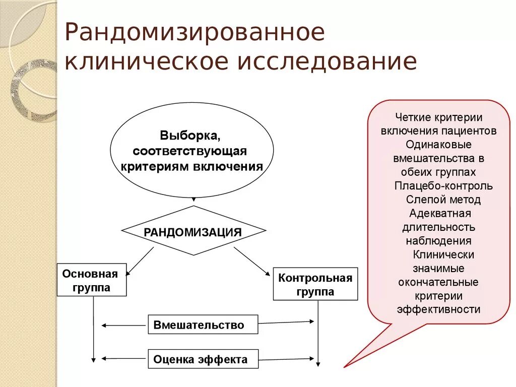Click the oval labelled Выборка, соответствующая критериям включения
coord(192,151)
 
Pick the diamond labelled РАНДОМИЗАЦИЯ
coord(193,231)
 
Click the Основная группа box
coord(91,280)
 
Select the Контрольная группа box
coord(315,284)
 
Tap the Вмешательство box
coord(203,325)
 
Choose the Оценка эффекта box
coord(203,359)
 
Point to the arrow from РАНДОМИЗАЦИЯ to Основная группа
coord(140,261)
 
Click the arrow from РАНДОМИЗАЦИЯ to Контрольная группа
coord(252,261)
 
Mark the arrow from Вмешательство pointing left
coord(124,326)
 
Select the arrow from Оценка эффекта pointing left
coord(124,359)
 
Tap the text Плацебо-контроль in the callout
coord(443,186)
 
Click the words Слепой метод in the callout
coord(443,200)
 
